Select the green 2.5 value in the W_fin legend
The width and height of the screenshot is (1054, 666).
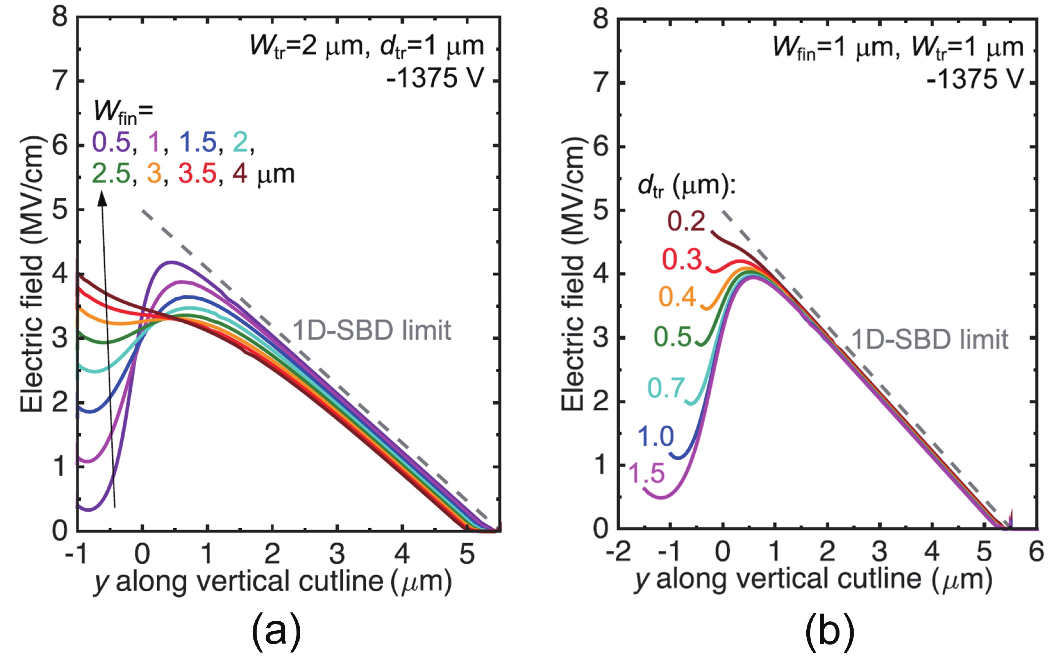point(111,174)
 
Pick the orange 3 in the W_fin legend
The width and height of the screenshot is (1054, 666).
point(154,174)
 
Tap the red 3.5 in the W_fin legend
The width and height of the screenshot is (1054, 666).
point(197,174)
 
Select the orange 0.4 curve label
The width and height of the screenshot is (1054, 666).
point(677,297)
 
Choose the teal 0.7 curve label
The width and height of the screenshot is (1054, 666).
point(666,388)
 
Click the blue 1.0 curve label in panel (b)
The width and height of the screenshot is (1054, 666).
point(655,436)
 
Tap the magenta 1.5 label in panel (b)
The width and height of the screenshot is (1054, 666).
point(646,473)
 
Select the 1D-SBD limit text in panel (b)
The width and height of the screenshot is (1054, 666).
point(930,339)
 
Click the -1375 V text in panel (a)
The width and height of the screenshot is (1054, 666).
point(435,78)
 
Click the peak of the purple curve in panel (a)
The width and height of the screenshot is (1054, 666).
point(172,262)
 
